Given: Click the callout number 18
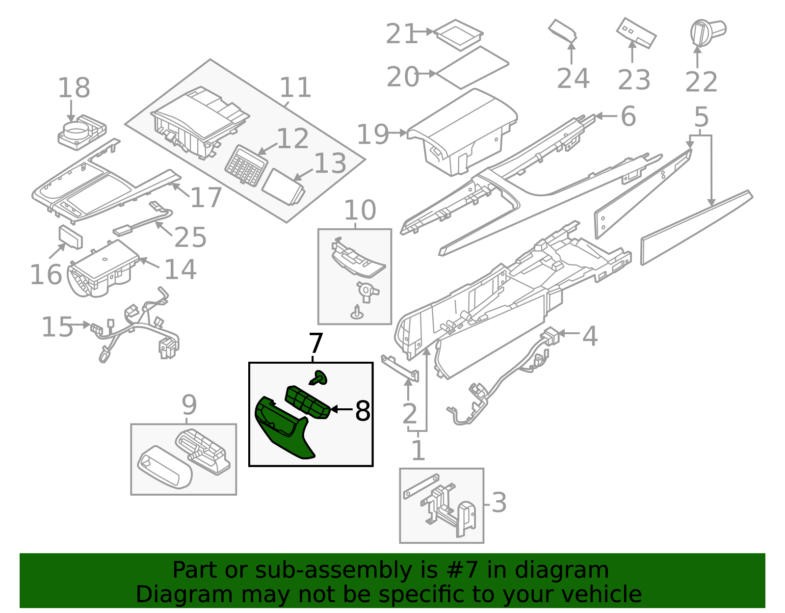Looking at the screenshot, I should click(x=74, y=88).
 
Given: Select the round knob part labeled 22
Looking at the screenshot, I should click(x=706, y=31).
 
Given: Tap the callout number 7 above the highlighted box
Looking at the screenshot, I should click(x=316, y=344).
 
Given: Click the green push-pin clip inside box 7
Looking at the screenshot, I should click(x=319, y=378).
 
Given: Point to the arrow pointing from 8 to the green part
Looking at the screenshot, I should click(x=341, y=409).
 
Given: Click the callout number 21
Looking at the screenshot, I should click(x=401, y=34).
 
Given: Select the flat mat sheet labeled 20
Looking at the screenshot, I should click(x=472, y=67).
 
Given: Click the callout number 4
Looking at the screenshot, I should click(x=590, y=337).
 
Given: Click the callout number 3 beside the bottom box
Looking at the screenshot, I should click(x=498, y=503).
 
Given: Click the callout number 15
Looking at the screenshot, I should click(x=57, y=327).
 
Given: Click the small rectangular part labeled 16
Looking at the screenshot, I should click(x=71, y=237).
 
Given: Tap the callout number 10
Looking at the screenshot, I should click(x=360, y=211).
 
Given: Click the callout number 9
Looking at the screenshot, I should click(x=189, y=405).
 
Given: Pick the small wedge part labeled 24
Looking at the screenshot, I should click(x=562, y=31).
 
